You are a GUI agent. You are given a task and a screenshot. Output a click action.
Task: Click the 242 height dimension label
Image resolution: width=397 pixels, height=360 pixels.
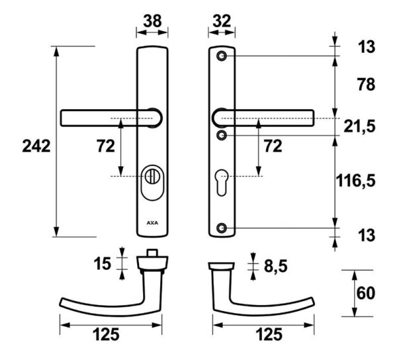36,146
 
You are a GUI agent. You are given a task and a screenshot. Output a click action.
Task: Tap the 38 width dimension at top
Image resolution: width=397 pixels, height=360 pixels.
152,21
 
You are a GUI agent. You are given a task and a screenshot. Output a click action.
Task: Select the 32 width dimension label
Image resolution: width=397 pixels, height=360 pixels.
222,21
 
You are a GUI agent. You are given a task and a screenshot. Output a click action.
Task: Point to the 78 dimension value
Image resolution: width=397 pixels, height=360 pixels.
366,85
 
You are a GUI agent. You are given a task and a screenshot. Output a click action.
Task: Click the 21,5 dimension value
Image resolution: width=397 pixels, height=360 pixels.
359,126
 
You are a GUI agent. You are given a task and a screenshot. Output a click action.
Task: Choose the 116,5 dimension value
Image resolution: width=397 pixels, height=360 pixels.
355,181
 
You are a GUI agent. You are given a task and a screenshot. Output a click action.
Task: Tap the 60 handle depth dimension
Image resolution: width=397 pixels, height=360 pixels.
366,293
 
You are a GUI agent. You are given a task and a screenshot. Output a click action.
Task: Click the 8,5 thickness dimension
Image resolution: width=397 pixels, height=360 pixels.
276,266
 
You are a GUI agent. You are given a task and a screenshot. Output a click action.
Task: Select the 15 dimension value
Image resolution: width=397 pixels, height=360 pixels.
103,263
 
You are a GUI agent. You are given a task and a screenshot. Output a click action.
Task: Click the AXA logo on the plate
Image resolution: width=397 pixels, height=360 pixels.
152,223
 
